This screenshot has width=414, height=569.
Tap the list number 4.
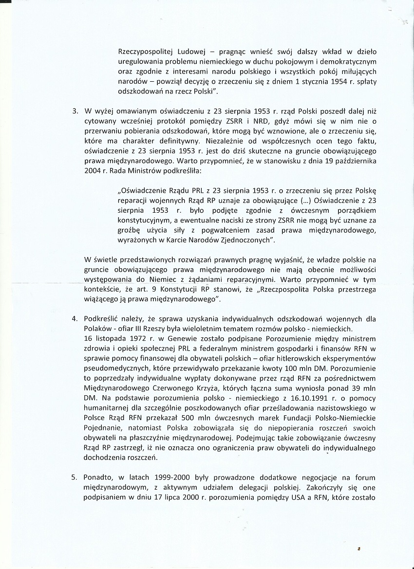click(x=75, y=319)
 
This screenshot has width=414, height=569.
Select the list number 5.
click(x=75, y=478)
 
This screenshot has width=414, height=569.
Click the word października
click(x=355, y=162)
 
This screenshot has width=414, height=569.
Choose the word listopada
click(x=110, y=339)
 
